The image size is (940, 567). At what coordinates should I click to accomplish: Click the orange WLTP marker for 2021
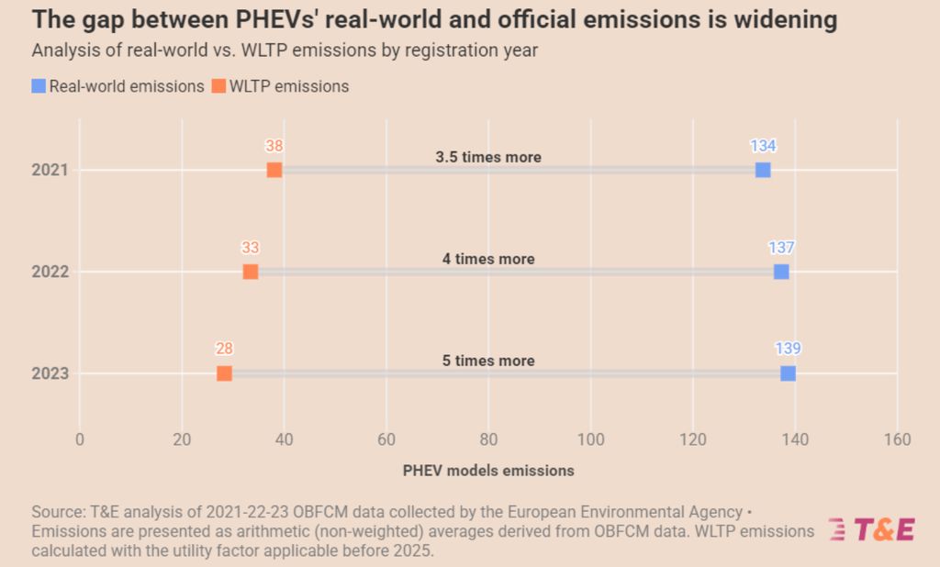[274, 170]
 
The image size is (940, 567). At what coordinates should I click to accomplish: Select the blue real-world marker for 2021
[763, 170]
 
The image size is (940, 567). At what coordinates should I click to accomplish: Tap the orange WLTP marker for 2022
[251, 272]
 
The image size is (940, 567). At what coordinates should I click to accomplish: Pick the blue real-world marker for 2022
[781, 272]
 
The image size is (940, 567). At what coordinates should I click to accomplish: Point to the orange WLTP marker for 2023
[224, 373]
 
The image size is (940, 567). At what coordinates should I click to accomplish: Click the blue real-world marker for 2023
[788, 373]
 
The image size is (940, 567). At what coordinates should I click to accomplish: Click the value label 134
[763, 146]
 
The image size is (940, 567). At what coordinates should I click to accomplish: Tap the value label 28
[225, 349]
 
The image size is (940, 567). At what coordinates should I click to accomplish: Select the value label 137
[781, 248]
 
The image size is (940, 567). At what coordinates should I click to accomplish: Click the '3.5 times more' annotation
[488, 157]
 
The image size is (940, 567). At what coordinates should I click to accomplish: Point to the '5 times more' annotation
[488, 361]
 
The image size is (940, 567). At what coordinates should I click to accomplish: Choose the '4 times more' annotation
[488, 259]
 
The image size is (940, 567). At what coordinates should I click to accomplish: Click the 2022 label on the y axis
[50, 272]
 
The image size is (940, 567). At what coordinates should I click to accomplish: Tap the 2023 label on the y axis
[50, 373]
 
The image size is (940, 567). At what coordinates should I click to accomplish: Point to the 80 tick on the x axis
[488, 439]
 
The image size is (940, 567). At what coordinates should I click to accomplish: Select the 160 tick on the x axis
[897, 439]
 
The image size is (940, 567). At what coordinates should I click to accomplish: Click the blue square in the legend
[39, 86]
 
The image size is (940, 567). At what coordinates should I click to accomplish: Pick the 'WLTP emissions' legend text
[289, 86]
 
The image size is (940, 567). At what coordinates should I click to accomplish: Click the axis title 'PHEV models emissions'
[488, 470]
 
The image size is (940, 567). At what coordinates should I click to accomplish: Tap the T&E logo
[871, 529]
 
